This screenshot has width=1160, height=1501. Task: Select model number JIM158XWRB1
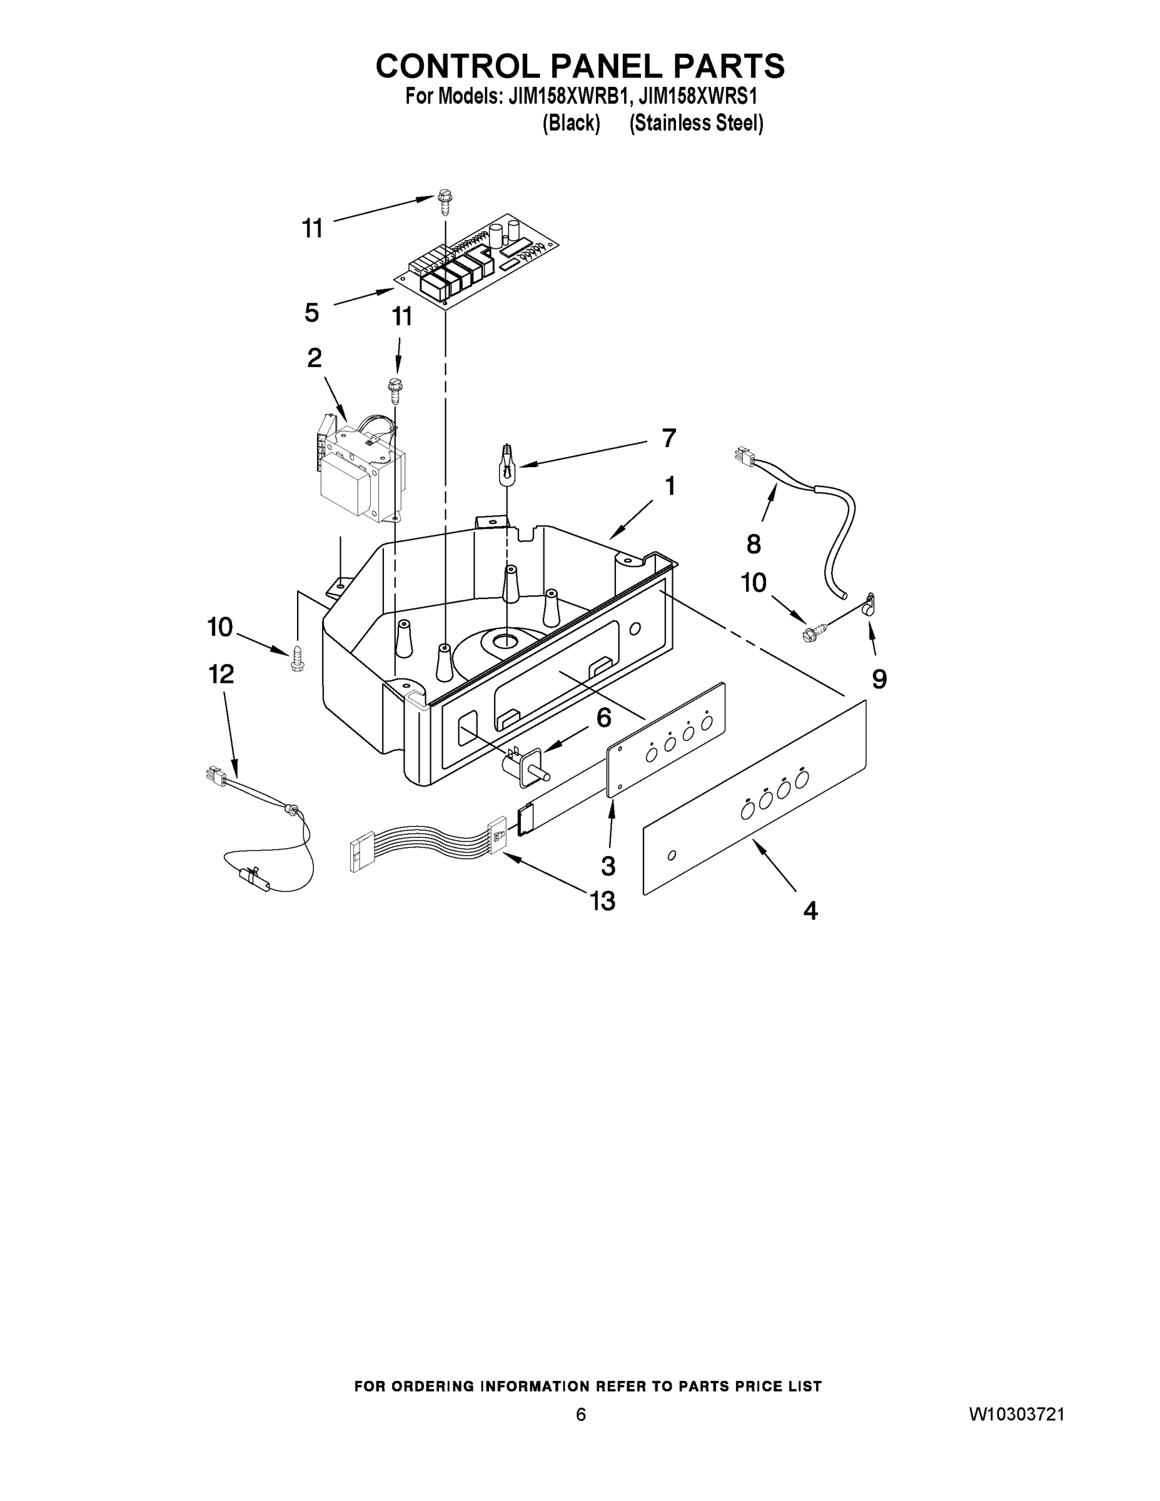click(567, 97)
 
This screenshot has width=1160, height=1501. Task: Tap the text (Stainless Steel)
click(696, 124)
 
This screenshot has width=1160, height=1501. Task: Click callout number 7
click(668, 438)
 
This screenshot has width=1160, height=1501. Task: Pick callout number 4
click(811, 911)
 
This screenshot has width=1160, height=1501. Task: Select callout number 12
click(221, 674)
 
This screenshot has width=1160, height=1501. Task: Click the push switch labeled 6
click(527, 766)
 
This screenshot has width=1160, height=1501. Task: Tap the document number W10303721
click(1016, 1413)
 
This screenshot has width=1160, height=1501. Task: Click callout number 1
click(669, 486)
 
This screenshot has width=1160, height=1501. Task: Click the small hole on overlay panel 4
click(672, 855)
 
